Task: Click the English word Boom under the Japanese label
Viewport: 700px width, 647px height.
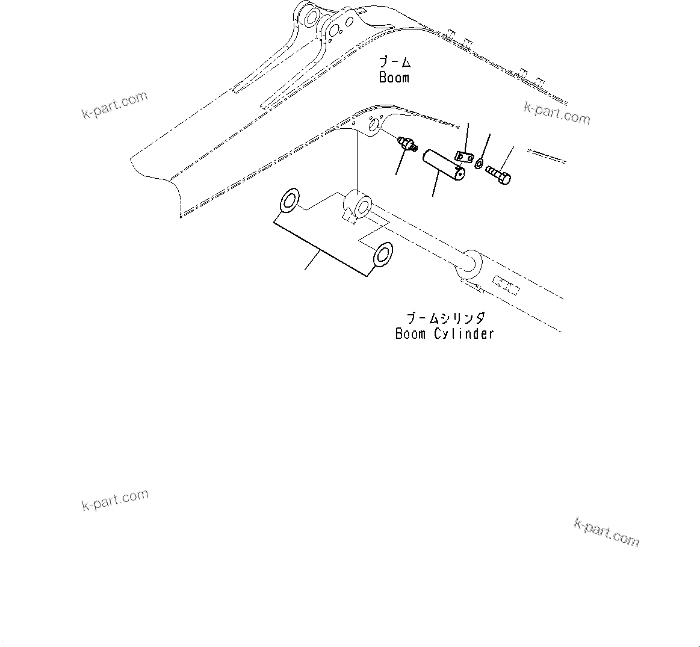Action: tap(394, 78)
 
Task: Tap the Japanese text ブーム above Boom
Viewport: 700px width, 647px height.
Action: tap(394, 62)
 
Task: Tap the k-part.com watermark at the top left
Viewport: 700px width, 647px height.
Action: tap(115, 105)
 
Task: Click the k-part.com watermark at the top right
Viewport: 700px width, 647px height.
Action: tap(557, 113)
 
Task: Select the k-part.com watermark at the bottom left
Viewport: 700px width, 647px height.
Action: tap(115, 500)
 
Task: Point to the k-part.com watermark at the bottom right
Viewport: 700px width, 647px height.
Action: tap(606, 533)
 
